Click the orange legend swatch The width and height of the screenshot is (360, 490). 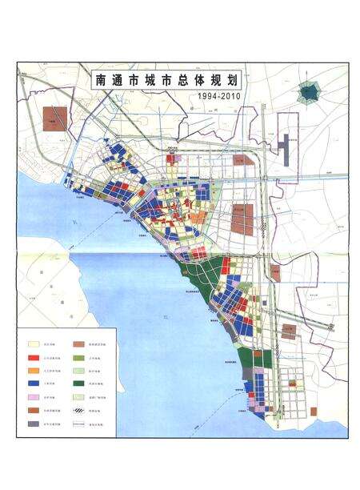click(34, 370)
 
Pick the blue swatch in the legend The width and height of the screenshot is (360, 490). click(34, 384)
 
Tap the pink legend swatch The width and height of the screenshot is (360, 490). click(34, 397)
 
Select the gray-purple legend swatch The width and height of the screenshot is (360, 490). click(34, 424)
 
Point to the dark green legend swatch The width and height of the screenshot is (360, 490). click(79, 384)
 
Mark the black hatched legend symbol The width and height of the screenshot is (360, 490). click(79, 411)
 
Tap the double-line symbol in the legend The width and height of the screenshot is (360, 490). click(79, 424)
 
